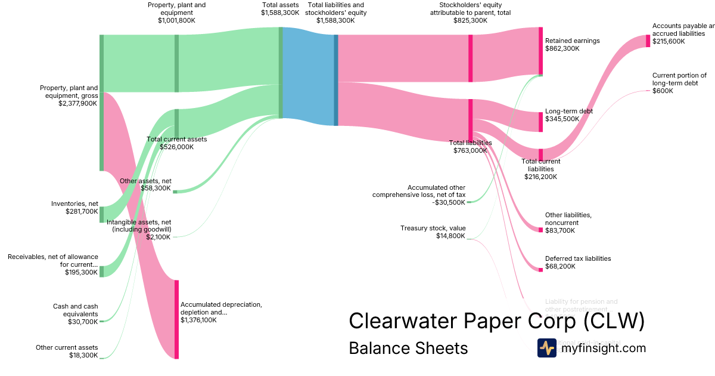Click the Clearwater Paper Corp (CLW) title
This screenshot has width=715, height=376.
(496, 320)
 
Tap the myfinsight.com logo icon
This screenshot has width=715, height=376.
(546, 348)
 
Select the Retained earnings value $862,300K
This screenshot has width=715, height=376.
(562, 48)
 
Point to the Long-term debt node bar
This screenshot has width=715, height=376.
(540, 122)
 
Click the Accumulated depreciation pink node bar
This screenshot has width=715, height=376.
(176, 319)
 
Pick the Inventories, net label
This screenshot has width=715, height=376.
(74, 204)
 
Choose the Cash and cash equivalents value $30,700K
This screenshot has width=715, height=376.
(83, 322)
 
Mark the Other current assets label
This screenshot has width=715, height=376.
(67, 347)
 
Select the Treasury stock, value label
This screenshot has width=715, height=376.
(433, 228)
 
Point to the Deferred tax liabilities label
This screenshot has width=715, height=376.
(578, 258)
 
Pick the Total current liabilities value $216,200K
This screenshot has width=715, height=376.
(540, 177)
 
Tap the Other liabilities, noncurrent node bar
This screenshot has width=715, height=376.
(540, 230)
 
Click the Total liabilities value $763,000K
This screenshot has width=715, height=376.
(470, 150)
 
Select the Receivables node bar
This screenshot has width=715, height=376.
(101, 272)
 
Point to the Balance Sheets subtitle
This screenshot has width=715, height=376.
(408, 348)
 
